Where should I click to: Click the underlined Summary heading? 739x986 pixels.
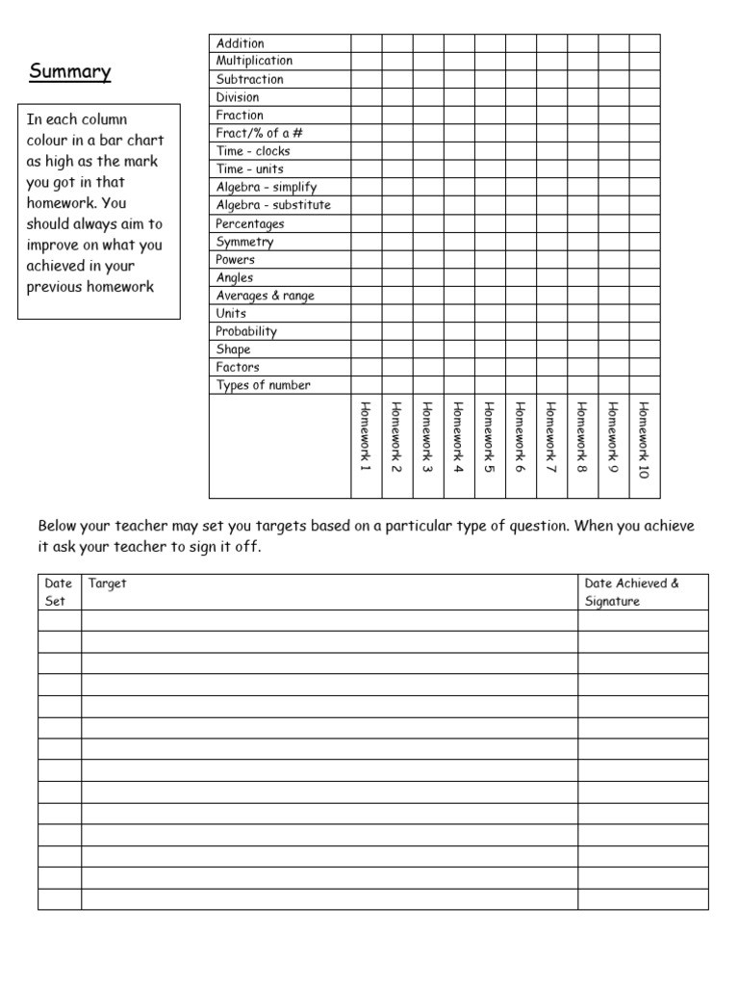69,72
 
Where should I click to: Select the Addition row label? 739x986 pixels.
240,43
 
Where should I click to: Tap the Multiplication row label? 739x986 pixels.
254,61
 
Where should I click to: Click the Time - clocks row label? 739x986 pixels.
252,151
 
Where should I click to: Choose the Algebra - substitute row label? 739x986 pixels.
272,205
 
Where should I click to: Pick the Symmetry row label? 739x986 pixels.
244,242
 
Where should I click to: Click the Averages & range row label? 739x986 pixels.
265,296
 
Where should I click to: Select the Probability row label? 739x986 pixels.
246,331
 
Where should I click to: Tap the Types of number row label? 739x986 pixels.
263,385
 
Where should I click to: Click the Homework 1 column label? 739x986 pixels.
366,436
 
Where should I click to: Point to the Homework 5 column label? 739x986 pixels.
490,436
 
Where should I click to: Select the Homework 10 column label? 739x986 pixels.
644,439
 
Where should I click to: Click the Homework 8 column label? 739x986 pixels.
582,436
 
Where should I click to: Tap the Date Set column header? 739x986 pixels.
59,592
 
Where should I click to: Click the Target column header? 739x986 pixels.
107,584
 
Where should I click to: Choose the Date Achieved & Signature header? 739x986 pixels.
631,592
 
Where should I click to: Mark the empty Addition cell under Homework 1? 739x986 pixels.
366,43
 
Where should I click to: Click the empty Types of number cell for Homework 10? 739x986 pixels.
645,385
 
